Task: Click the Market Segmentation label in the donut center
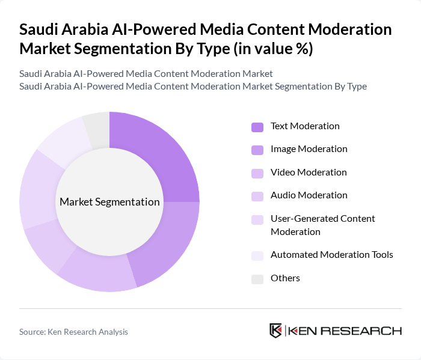tap(109, 202)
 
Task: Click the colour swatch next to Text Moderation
tap(257, 127)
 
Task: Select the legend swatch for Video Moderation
tap(257, 173)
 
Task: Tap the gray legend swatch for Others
tap(257, 279)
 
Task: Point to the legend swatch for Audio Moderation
tap(257, 196)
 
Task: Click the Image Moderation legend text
tap(309, 149)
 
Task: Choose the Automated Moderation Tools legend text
tap(331, 255)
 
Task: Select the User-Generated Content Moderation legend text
tap(322, 225)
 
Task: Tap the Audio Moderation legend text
tap(309, 195)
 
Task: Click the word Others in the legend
tap(285, 278)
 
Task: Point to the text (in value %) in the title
tap(272, 49)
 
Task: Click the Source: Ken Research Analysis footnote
tap(73, 332)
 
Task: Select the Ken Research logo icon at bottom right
tap(276, 331)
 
